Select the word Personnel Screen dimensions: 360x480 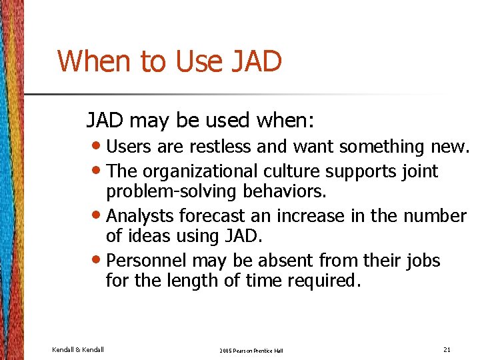click(143, 260)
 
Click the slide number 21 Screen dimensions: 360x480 click(447, 349)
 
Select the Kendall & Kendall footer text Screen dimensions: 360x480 click(77, 349)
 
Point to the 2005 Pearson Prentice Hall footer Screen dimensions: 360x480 click(251, 350)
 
